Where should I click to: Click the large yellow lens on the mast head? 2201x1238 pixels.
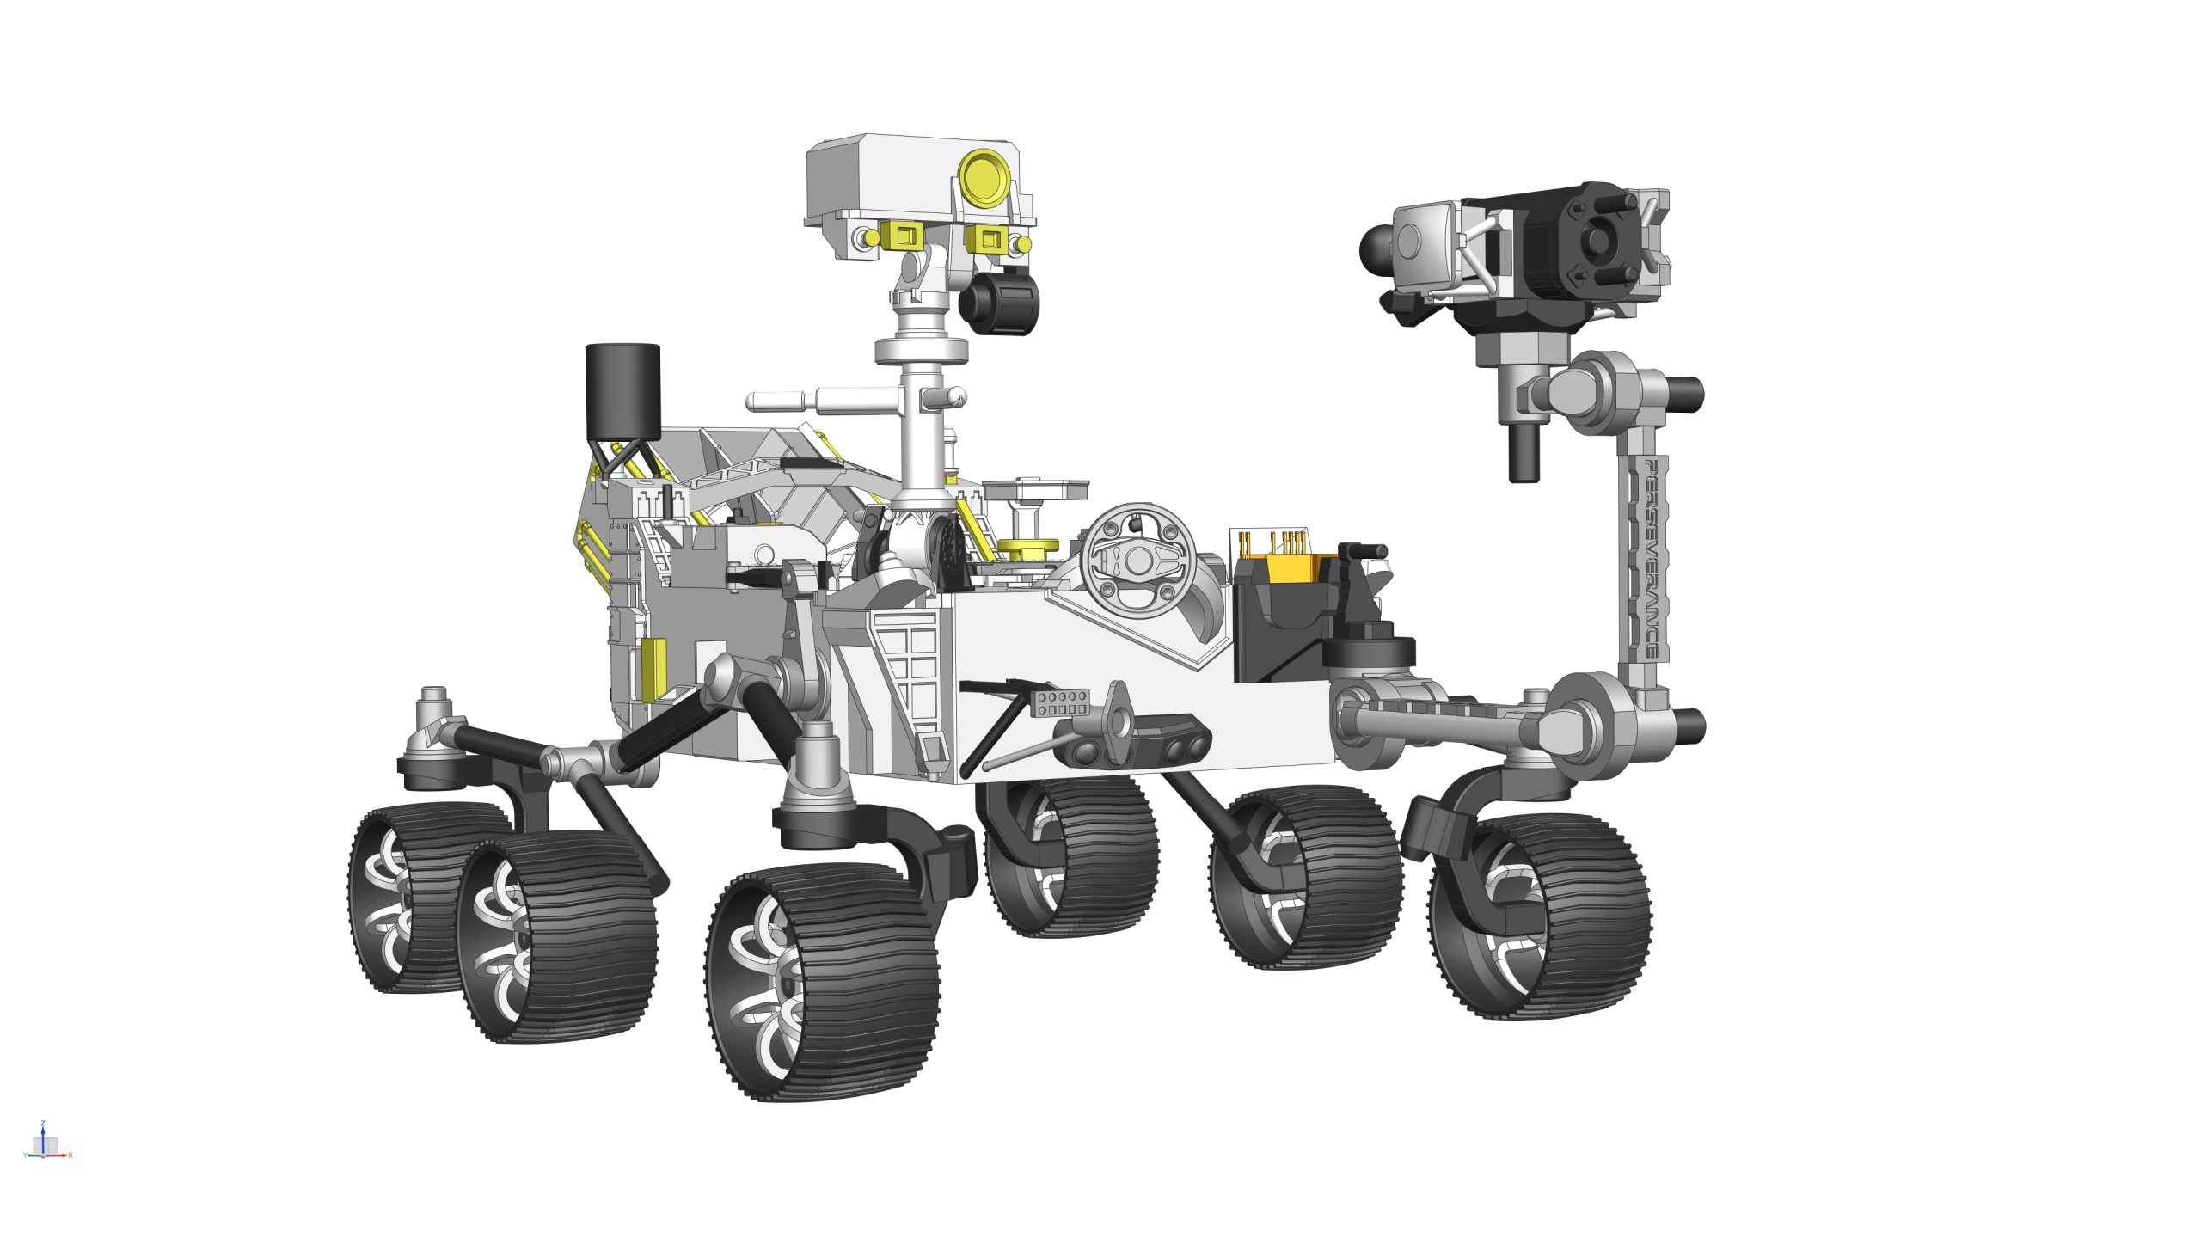click(x=985, y=177)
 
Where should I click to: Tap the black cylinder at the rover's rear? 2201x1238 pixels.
click(x=622, y=391)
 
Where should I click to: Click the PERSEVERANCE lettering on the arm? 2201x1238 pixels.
click(x=1651, y=559)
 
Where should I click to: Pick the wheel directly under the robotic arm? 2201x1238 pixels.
click(x=1539, y=916)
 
